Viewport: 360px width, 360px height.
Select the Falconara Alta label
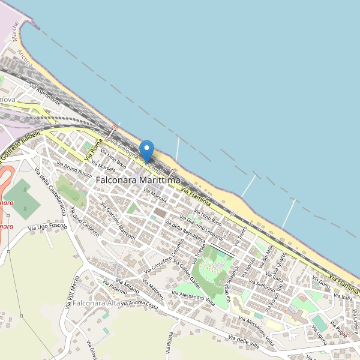click(95, 304)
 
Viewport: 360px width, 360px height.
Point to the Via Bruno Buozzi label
click(74, 169)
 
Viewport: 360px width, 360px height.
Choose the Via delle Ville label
click(247, 344)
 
